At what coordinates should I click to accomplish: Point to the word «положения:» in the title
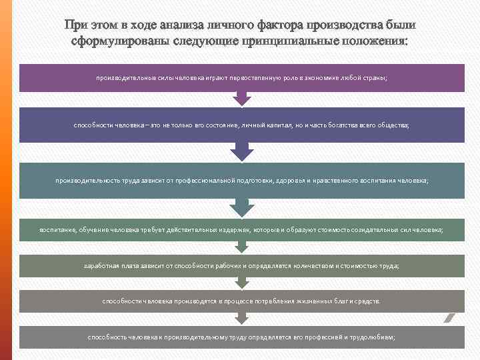coord(375,41)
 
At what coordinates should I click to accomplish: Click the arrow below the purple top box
coord(241,99)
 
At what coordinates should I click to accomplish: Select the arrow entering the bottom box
coord(241,319)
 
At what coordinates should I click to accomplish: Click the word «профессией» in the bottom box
coord(324,337)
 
